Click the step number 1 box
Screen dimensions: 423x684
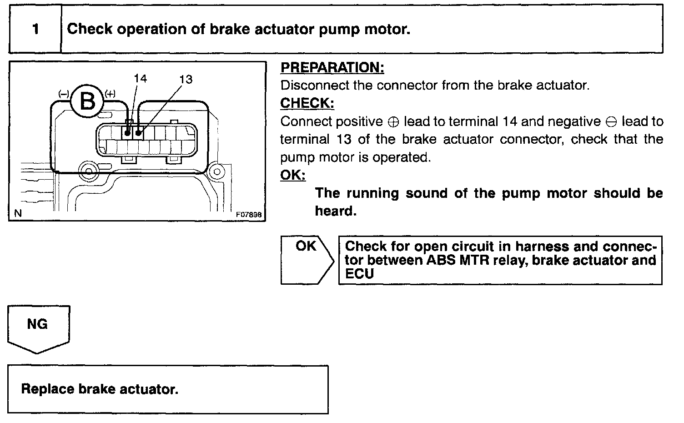pos(35,29)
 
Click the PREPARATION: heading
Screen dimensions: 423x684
pos(332,68)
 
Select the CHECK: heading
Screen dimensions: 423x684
pos(307,103)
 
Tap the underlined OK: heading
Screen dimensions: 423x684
pos(292,175)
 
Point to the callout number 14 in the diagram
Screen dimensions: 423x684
pos(141,79)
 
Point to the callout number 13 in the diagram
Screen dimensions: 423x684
pos(186,80)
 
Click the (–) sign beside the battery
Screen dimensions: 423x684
pos(63,94)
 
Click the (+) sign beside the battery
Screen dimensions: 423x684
pos(110,94)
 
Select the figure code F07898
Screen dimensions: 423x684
pos(249,215)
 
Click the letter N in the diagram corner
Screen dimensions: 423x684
pos(17,213)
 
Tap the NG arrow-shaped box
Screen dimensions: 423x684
pos(38,327)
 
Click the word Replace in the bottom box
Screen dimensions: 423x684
pos(47,389)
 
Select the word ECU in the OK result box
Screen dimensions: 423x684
pos(359,274)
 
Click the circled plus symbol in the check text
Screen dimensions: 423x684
pos(393,122)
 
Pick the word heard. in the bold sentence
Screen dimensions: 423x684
pos(335,211)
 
